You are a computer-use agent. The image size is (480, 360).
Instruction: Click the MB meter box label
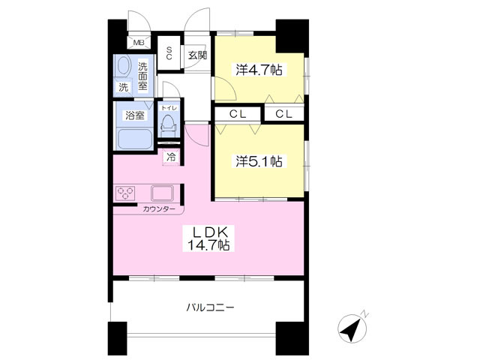(x=139, y=43)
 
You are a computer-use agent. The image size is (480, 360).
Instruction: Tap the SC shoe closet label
(x=169, y=52)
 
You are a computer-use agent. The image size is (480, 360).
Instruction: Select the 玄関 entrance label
(x=197, y=55)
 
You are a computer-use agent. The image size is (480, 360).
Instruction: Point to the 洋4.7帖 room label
(x=259, y=70)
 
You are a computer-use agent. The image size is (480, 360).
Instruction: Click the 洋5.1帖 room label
(x=259, y=161)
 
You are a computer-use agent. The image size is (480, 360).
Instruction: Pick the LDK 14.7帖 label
(x=208, y=238)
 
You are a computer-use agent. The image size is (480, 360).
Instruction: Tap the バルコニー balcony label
(x=210, y=307)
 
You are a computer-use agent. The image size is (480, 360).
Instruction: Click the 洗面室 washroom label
(x=142, y=76)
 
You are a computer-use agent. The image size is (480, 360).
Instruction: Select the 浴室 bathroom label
(x=135, y=115)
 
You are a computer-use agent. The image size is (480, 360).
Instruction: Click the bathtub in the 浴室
(x=135, y=139)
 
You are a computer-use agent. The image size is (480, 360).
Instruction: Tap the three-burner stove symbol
(x=125, y=193)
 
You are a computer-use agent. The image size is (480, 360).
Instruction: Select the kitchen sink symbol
(x=162, y=193)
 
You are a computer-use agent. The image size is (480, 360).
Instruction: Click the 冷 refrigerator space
(x=171, y=157)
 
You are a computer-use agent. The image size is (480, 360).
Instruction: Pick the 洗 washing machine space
(x=123, y=87)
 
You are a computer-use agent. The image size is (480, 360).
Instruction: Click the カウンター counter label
(x=159, y=209)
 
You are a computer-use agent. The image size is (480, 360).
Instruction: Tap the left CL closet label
(x=238, y=114)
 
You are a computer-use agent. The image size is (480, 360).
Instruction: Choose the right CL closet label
(x=283, y=114)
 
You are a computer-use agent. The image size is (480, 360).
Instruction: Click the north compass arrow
(x=352, y=329)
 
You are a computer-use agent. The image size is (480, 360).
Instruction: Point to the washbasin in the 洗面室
(x=124, y=65)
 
